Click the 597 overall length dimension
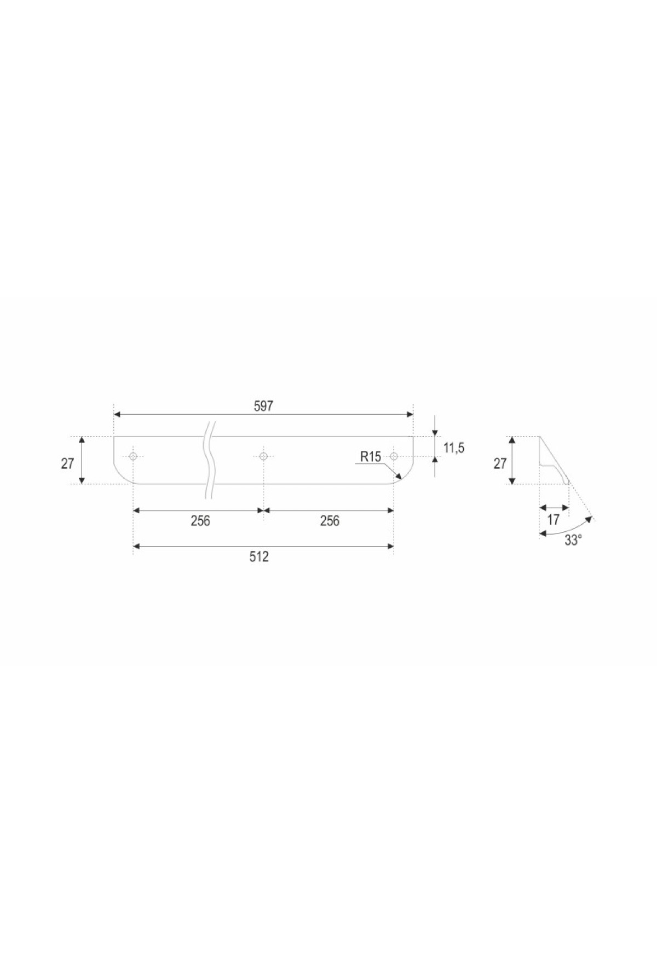coord(263,406)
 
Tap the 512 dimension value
coord(259,556)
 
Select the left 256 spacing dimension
coord(200,520)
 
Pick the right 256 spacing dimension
coord(330,520)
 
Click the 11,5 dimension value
coord(454,448)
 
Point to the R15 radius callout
coord(371,456)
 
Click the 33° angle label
coord(573,541)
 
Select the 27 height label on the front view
coord(67,464)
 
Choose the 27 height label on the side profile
coord(500,464)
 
